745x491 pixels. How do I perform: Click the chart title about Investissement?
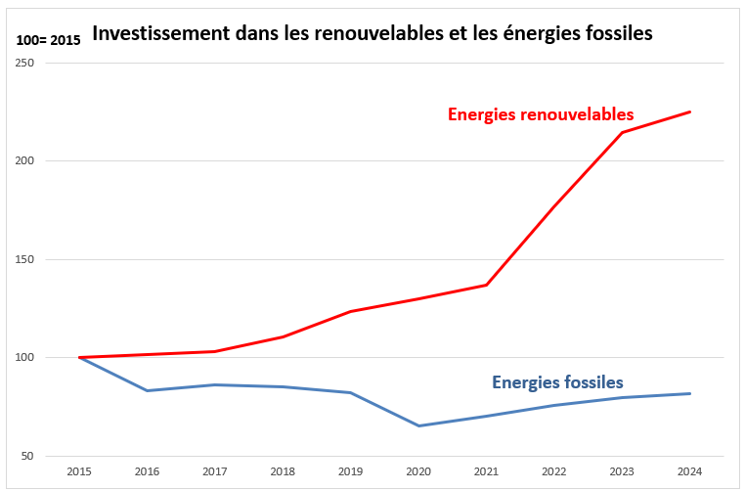click(x=372, y=33)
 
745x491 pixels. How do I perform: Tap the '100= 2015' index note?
click(x=48, y=40)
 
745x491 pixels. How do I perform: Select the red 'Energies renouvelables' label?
click(x=541, y=113)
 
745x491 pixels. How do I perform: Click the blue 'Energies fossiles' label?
click(x=557, y=381)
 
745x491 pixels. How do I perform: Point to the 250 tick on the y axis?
click(x=25, y=63)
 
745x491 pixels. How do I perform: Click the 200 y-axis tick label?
click(x=25, y=161)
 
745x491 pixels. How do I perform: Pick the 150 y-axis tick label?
click(x=25, y=259)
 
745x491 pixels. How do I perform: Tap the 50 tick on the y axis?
click(x=28, y=456)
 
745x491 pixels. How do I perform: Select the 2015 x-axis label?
click(x=79, y=471)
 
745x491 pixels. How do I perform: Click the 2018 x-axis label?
click(x=283, y=471)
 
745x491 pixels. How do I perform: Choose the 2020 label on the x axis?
click(x=418, y=471)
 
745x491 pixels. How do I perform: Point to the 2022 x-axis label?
click(x=554, y=471)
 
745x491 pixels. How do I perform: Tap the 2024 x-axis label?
click(x=690, y=471)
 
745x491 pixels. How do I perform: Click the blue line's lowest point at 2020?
click(x=418, y=425)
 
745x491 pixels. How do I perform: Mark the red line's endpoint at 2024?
click(x=690, y=112)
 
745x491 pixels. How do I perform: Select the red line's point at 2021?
click(x=487, y=285)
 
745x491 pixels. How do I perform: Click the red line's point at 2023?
click(x=622, y=132)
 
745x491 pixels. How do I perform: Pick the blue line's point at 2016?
click(x=148, y=390)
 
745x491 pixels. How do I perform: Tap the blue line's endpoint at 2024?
click(x=690, y=393)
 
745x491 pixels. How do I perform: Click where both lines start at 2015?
click(x=79, y=357)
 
